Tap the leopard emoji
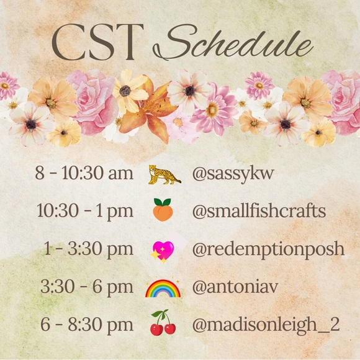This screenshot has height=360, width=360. (x=164, y=174)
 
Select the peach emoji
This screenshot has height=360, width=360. (x=163, y=211)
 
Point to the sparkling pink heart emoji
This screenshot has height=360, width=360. (x=163, y=250)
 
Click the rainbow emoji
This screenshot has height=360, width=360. (x=163, y=287)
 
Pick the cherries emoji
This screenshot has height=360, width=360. (x=163, y=324)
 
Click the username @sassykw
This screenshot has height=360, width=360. (x=230, y=174)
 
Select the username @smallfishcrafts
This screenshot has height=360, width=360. (x=259, y=211)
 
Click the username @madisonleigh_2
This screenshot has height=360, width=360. (x=266, y=325)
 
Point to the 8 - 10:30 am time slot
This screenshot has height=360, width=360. (x=84, y=174)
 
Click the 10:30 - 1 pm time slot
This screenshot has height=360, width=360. (x=85, y=211)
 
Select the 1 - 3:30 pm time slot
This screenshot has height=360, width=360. (x=88, y=250)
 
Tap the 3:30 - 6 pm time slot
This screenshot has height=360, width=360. (x=87, y=287)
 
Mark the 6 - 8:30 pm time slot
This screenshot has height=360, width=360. (x=86, y=325)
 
